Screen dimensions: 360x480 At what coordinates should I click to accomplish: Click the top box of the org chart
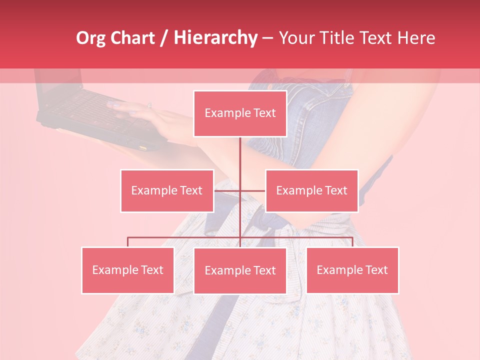(240, 113)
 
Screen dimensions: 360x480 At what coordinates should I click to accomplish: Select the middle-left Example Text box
(167, 190)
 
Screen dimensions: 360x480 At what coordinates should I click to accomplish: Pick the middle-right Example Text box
(311, 190)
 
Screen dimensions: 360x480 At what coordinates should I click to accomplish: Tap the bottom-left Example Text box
(127, 270)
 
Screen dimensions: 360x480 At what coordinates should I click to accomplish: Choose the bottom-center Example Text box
(240, 270)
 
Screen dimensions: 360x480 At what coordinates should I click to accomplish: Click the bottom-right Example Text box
(352, 270)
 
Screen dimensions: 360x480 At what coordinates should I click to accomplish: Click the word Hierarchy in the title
(215, 38)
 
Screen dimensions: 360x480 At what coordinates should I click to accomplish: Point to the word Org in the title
(90, 38)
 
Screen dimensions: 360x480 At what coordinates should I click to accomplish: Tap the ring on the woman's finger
(149, 105)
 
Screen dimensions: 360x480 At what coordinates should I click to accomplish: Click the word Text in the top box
(264, 113)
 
